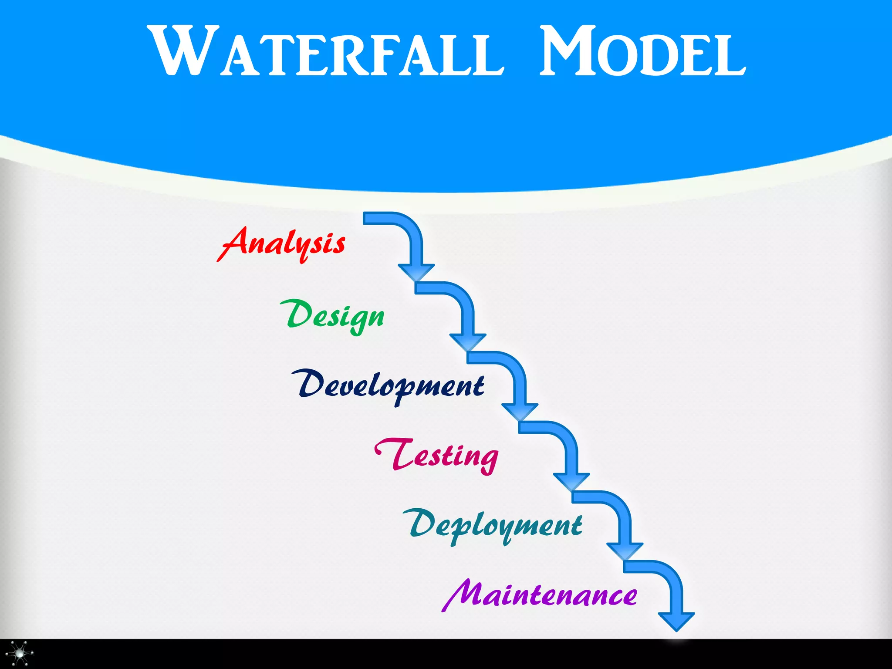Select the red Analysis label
(281, 244)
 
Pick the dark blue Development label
(388, 386)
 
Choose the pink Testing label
(437, 456)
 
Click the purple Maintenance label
(540, 595)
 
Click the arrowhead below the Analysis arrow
(416, 272)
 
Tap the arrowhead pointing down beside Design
(468, 342)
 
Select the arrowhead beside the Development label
(520, 412)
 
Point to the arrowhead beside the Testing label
(571, 481)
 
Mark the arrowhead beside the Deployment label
(625, 551)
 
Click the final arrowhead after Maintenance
(676, 621)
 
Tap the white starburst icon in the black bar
(20, 653)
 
